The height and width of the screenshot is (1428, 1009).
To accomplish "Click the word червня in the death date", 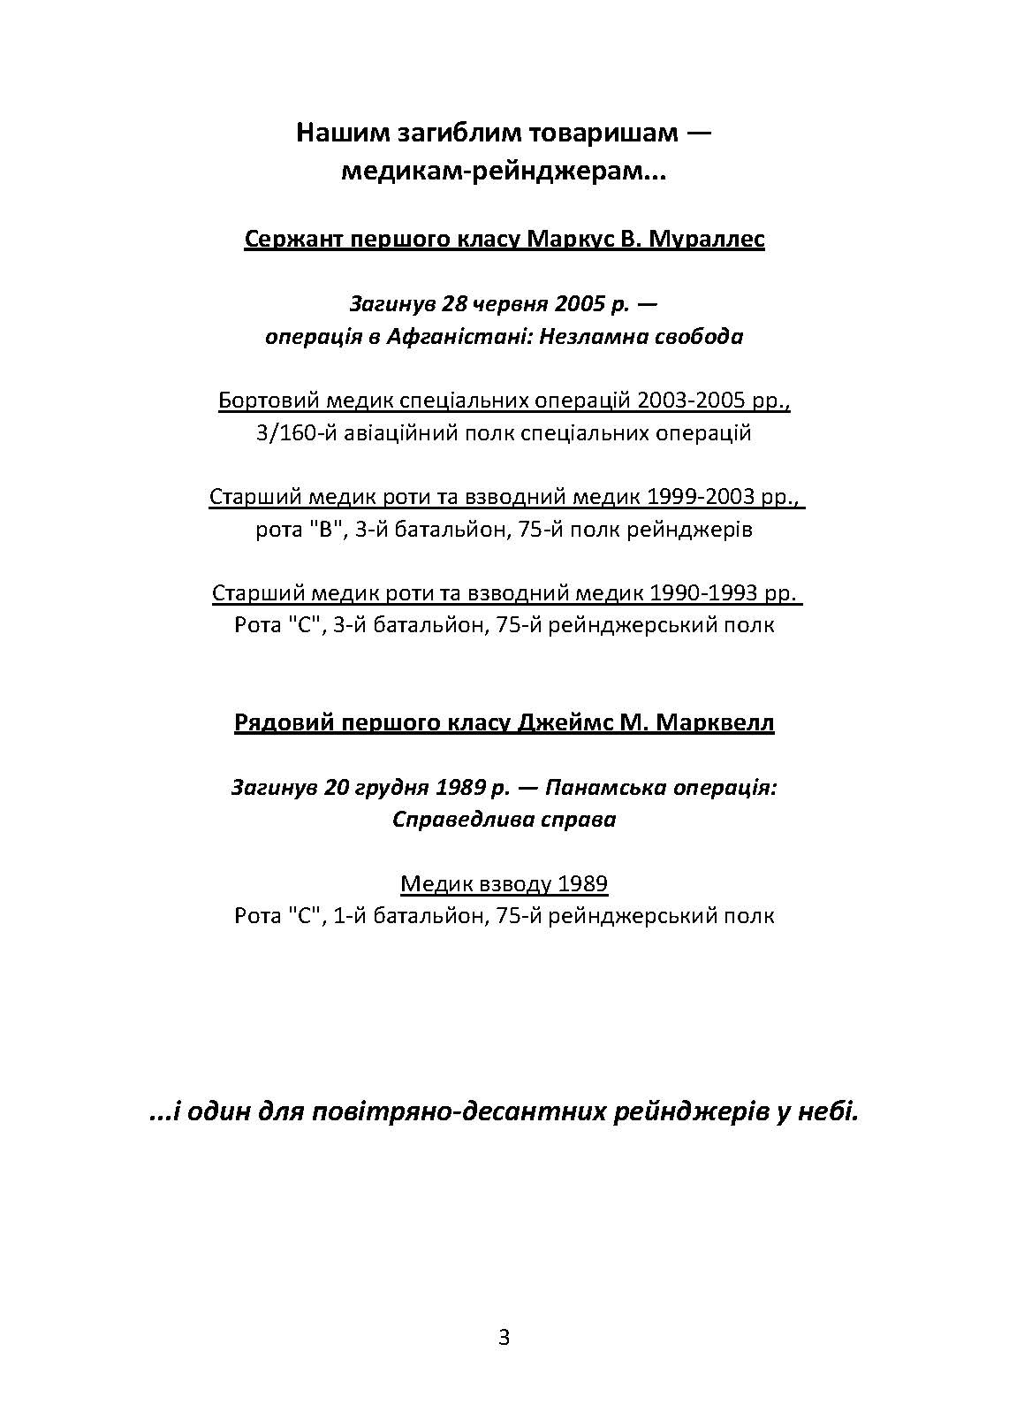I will point(508,304).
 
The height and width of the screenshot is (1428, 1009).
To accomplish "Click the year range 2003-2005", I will point(685,401).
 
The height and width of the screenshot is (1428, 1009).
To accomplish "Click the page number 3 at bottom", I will point(504,1338).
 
